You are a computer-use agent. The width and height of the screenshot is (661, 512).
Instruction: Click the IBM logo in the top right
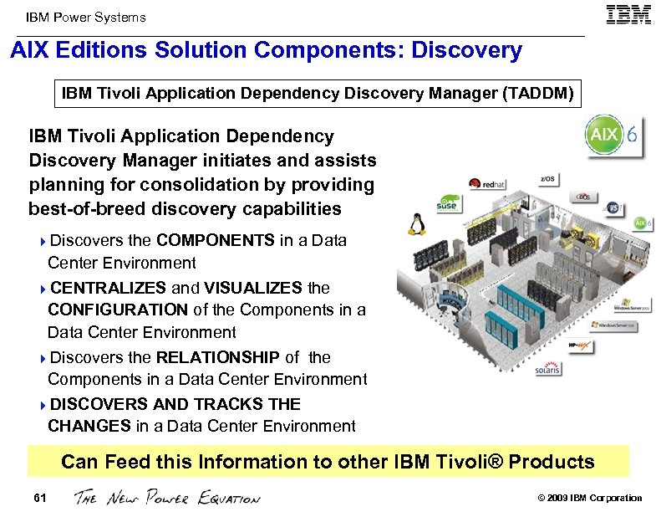tap(628, 15)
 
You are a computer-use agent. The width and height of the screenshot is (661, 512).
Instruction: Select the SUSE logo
tap(447, 203)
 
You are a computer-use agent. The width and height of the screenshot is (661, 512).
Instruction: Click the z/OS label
tap(548, 179)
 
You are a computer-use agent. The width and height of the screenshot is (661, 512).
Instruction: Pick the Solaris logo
tap(548, 368)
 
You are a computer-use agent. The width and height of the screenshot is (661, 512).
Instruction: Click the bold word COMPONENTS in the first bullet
tap(216, 240)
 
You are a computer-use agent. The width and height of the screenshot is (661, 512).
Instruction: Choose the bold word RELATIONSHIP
tap(217, 357)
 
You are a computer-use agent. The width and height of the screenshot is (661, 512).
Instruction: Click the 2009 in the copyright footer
tap(557, 499)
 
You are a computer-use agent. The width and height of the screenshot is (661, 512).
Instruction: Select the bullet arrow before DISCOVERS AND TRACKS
tap(43, 405)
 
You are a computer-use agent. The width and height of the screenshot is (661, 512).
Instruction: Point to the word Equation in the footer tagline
tap(228, 498)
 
